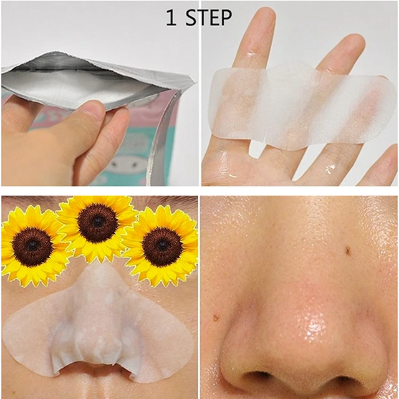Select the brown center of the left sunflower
point(32,247)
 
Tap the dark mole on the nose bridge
point(347,251)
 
